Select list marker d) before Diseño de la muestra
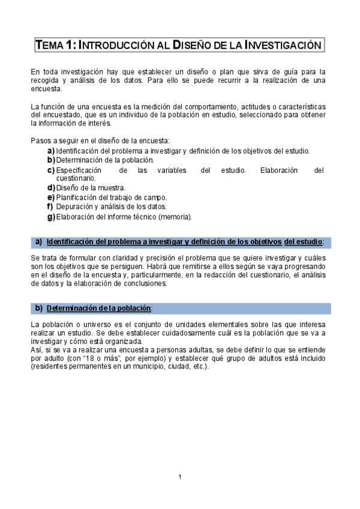coord(51,188)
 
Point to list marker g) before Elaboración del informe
coord(51,217)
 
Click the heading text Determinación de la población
coord(99,309)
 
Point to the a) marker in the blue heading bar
coord(38,242)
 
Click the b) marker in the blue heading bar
coord(38,309)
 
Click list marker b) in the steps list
coord(51,160)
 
